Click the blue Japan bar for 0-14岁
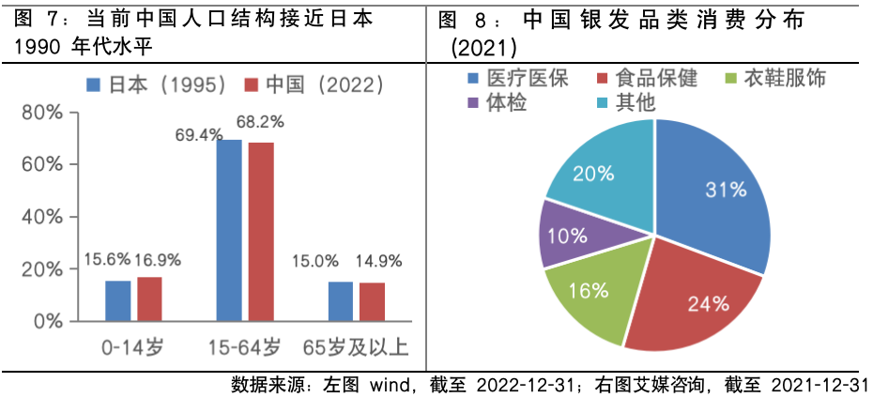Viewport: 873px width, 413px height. pos(117,300)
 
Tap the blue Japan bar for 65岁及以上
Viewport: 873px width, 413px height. pos(341,301)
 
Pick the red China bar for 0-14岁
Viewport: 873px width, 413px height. pos(149,298)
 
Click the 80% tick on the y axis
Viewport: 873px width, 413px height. pos(42,113)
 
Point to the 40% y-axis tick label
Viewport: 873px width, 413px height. pos(42,217)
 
